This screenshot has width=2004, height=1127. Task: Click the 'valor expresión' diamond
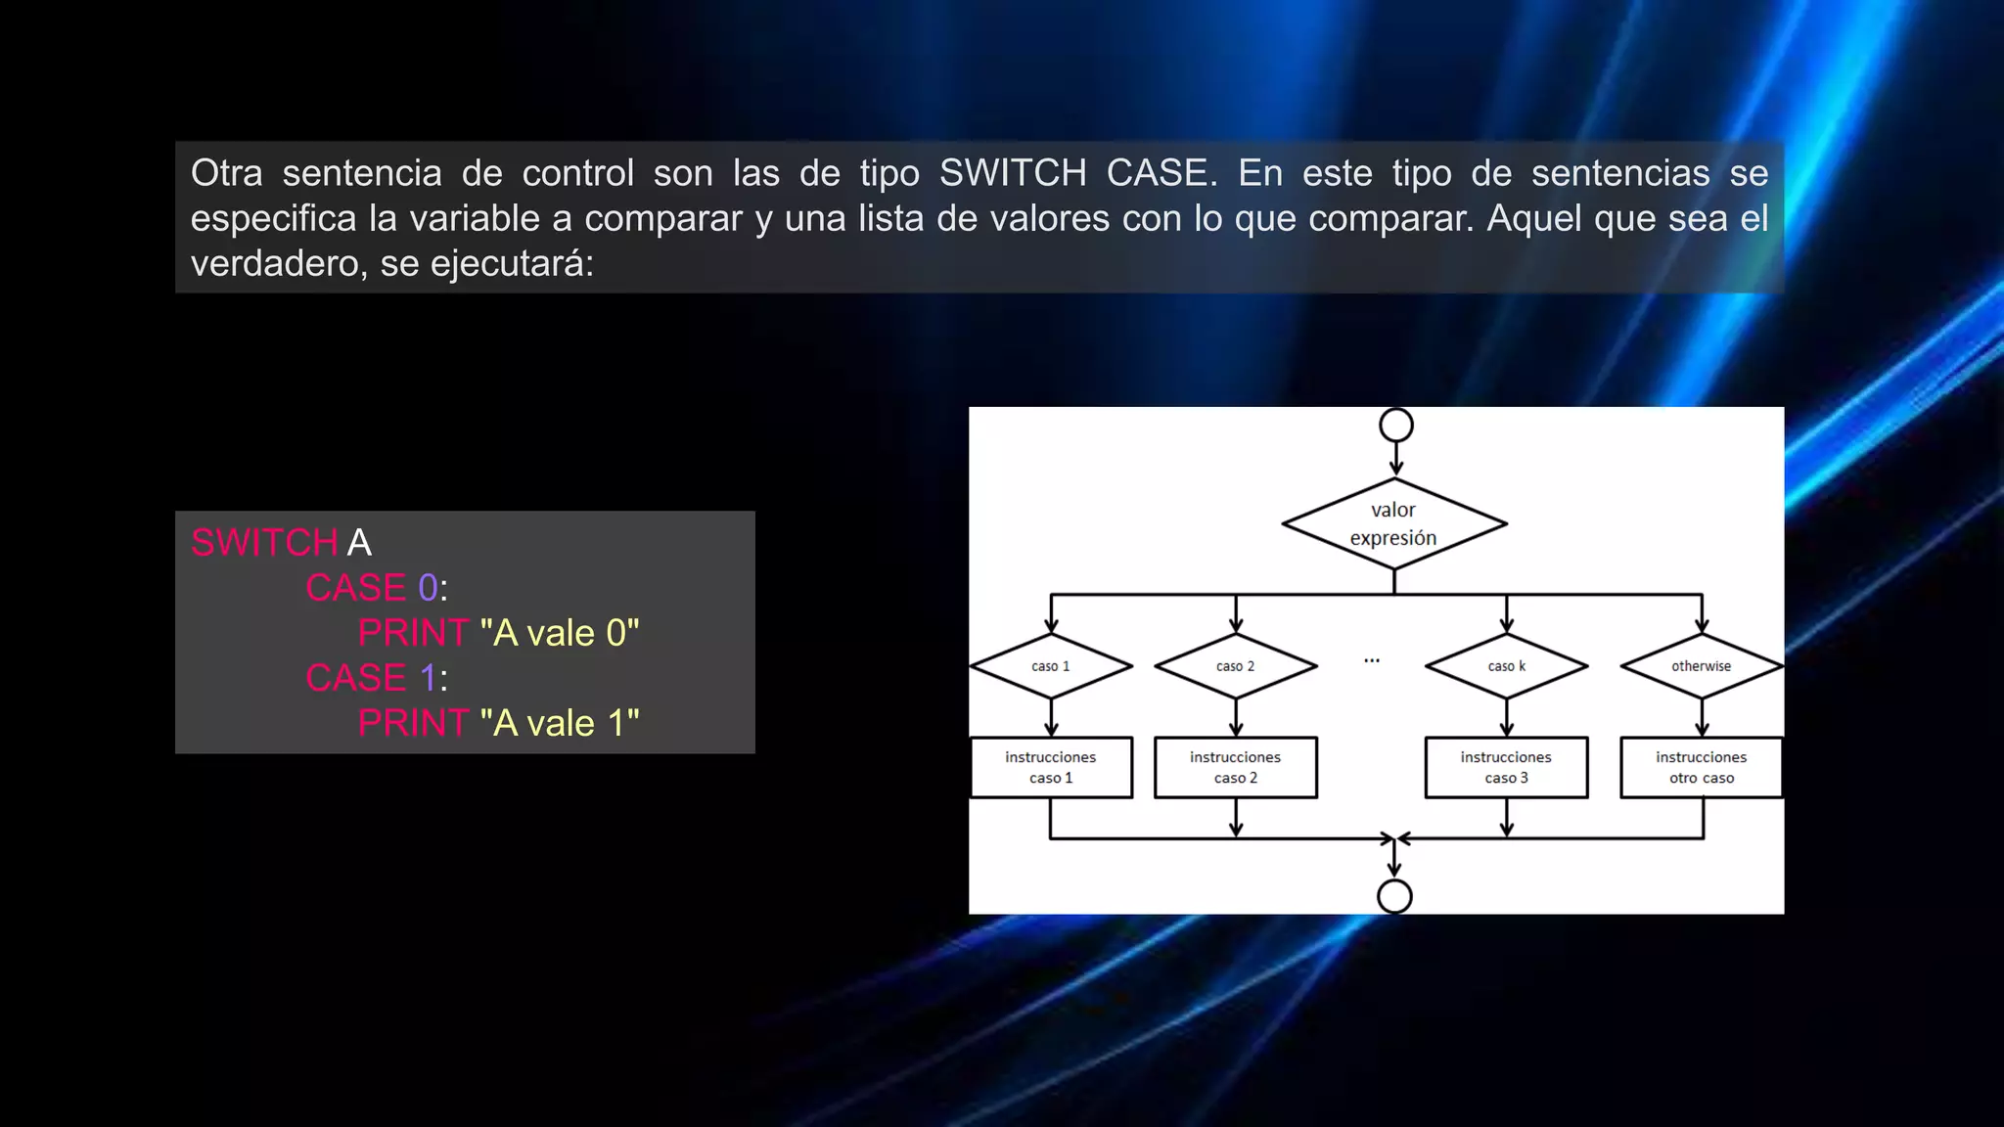(1393, 523)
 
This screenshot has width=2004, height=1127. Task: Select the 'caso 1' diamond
(1051, 666)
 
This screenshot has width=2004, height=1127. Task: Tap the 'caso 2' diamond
(1236, 666)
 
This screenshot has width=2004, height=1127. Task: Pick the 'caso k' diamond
(1507, 666)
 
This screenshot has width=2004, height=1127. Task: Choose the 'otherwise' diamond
(1702, 666)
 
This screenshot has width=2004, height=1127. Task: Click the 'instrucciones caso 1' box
(1051, 767)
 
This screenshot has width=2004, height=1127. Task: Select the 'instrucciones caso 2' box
(1236, 767)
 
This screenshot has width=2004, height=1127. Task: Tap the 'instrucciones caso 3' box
(1506, 767)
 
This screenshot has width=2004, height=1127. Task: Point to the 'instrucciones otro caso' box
(1702, 767)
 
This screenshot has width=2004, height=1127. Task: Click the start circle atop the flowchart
(1396, 426)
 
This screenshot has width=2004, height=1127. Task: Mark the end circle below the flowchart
(1394, 896)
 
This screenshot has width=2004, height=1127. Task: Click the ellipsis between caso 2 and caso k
(1372, 661)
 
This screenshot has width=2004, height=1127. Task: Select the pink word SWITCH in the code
(264, 543)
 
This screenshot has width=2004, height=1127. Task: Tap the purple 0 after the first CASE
(428, 588)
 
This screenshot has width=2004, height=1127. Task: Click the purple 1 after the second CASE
(428, 678)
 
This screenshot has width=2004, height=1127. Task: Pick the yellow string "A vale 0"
(560, 633)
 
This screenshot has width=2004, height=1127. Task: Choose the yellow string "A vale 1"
(560, 723)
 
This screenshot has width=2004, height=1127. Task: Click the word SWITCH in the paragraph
(1013, 173)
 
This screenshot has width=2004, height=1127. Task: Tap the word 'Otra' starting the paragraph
(227, 173)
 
